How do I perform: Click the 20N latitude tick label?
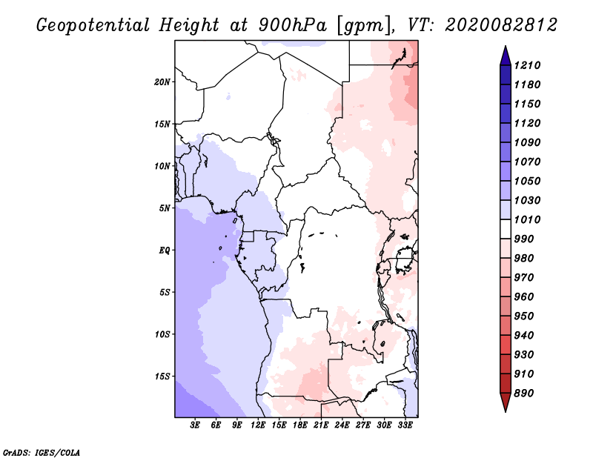pos(162,82)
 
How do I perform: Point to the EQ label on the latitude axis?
pos(165,250)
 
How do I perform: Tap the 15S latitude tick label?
pos(162,376)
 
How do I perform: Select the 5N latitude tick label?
pos(165,208)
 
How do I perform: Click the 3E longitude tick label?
pos(196,425)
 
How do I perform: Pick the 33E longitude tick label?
pos(405,425)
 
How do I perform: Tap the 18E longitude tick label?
pos(300,425)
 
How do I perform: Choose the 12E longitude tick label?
pos(258,425)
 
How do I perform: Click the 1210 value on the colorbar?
pos(529,65)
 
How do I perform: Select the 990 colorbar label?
pos(526,239)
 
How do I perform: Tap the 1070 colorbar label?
pos(529,162)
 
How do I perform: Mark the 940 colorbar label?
pos(526,335)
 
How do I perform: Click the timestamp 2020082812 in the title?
pos(501,25)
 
